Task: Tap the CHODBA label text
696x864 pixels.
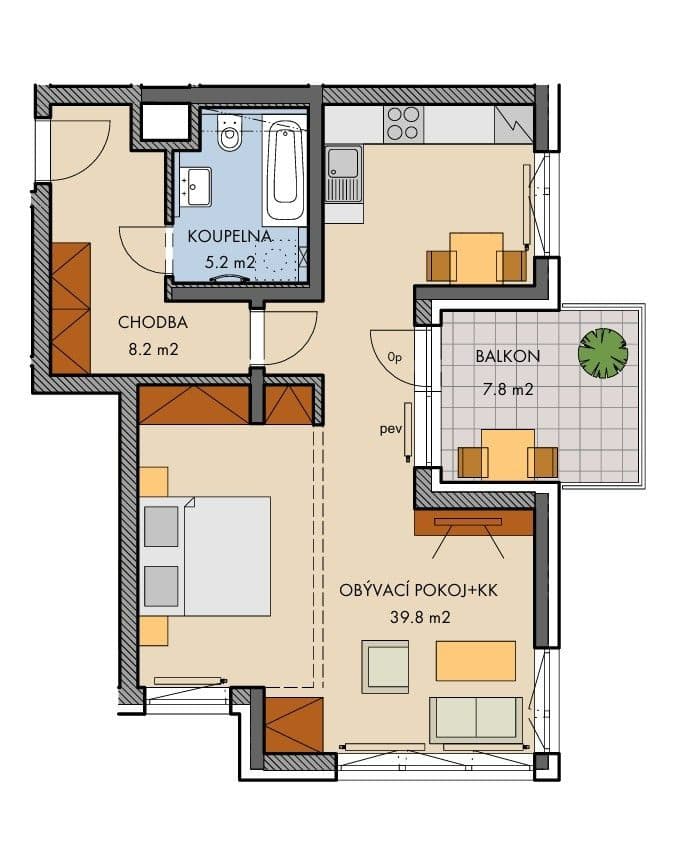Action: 153,323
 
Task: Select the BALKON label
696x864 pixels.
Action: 495,355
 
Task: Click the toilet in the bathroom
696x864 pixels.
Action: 230,134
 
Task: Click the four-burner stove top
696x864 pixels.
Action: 403,124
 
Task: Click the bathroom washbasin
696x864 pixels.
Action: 196,184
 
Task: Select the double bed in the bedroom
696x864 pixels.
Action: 208,555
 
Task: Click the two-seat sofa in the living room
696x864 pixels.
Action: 475,718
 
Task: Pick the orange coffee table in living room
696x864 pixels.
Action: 476,661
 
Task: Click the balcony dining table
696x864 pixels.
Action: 508,453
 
